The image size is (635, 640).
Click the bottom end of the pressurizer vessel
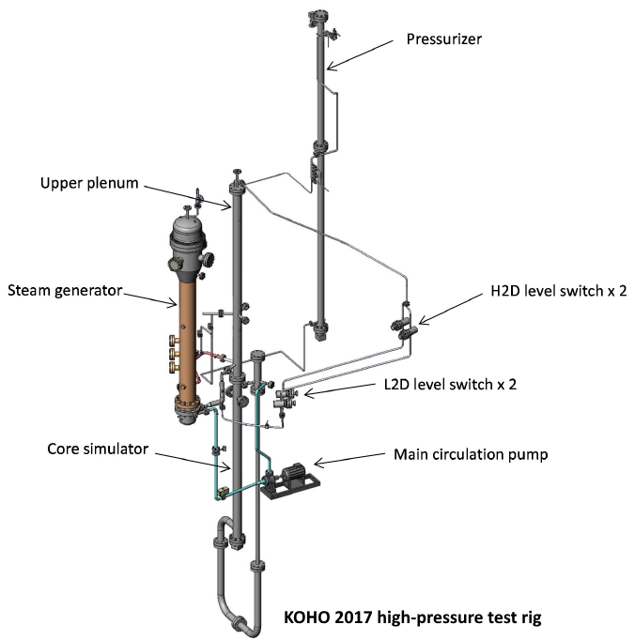click(x=322, y=330)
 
